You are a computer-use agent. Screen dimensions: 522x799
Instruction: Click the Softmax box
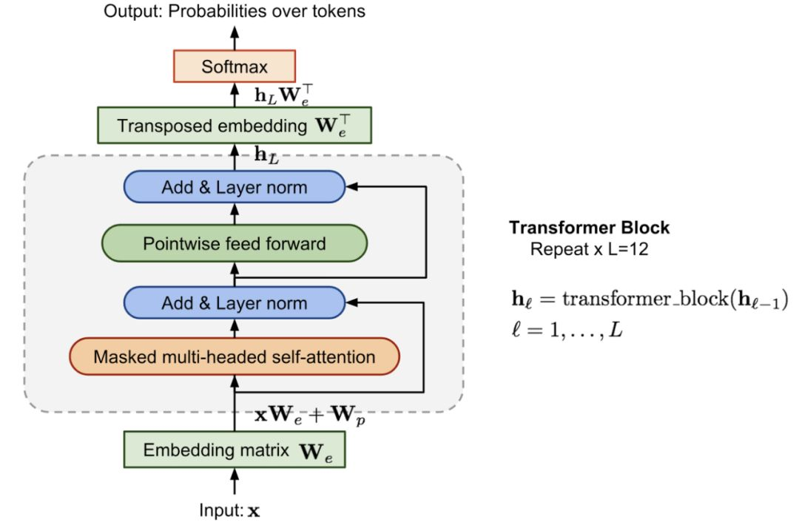coord(235,67)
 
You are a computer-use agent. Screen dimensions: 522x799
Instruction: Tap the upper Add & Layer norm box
coord(235,187)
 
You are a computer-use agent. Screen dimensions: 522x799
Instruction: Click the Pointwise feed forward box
coord(235,243)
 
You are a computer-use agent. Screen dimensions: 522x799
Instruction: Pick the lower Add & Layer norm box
coord(235,302)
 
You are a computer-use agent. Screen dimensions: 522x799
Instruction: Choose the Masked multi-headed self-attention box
coord(235,357)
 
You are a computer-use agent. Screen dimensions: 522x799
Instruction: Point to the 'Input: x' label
coord(229,510)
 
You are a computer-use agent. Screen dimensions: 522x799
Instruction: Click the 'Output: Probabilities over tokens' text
coord(235,11)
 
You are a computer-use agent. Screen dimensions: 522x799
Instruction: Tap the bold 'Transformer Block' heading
coord(589,228)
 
